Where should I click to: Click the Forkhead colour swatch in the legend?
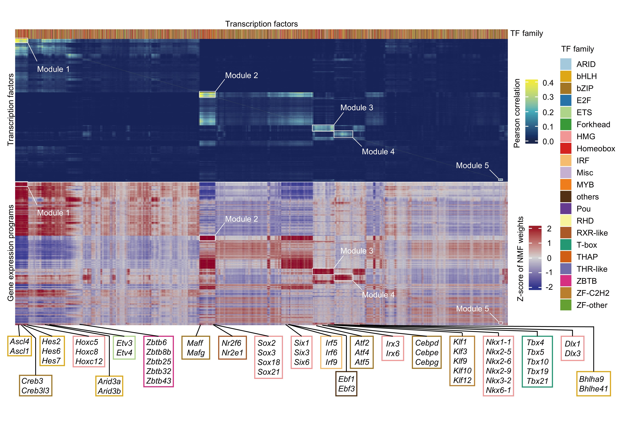pos(566,125)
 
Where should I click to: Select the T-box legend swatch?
pos(566,245)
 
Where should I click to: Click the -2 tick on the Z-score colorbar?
pos(549,287)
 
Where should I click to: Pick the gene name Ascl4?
pos(19,342)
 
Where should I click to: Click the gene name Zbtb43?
pos(158,381)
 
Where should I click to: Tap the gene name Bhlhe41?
pos(593,389)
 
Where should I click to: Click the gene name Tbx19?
pos(537,371)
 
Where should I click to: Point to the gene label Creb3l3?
pos(35,391)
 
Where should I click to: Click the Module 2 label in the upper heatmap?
pos(242,76)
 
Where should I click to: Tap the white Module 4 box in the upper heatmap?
pos(343,134)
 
